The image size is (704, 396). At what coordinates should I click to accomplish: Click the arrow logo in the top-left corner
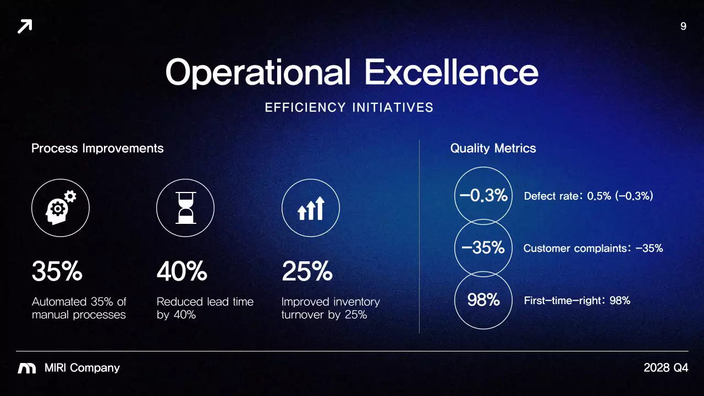(25, 26)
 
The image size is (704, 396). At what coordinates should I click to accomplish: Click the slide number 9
(683, 26)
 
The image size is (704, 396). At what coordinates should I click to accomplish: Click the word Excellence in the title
(451, 72)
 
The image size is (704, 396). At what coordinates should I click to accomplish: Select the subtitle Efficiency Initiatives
(349, 108)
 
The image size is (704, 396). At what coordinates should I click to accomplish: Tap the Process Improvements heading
(97, 148)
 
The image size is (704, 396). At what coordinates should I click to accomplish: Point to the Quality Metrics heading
(493, 148)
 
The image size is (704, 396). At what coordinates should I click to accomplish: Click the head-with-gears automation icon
(61, 208)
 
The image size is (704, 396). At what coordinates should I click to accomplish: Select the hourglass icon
(185, 208)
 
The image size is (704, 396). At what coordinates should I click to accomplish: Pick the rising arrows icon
(311, 208)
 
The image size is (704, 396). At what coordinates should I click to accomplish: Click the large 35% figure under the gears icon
(57, 272)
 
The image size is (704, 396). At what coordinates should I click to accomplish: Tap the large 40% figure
(182, 272)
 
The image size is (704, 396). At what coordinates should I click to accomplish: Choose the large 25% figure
(307, 272)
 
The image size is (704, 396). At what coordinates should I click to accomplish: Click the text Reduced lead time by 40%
(205, 308)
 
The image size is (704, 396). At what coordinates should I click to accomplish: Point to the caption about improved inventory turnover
(330, 308)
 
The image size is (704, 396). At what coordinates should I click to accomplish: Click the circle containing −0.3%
(483, 195)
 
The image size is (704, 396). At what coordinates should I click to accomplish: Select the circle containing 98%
(483, 300)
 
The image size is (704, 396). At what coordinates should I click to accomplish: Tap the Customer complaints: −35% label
(593, 249)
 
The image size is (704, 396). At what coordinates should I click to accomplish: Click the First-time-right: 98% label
(577, 301)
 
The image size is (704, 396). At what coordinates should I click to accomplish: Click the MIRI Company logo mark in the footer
(27, 369)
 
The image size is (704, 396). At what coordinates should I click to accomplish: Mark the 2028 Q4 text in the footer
(665, 368)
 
